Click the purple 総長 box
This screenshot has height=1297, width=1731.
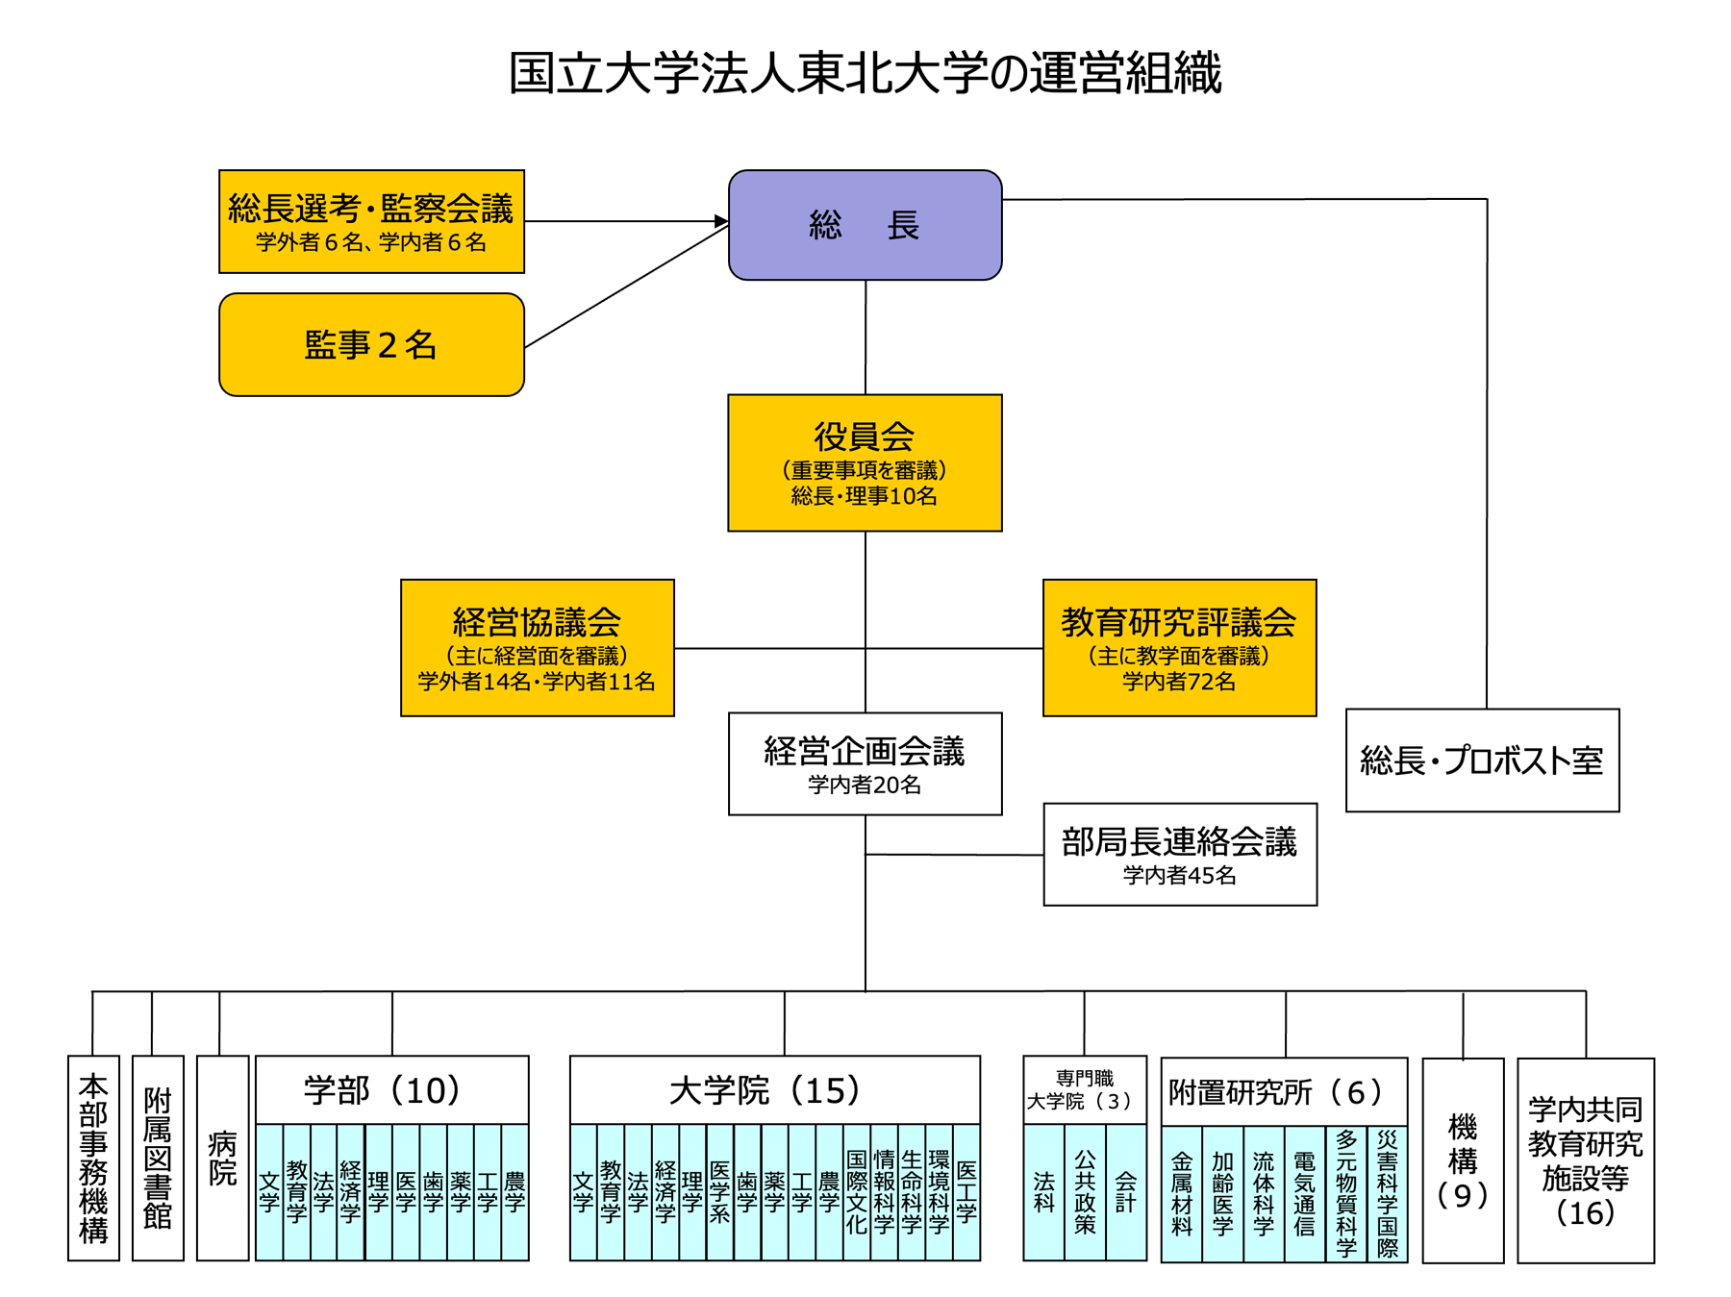(865, 225)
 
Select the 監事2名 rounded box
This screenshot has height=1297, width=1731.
(371, 344)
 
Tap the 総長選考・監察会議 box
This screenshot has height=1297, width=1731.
(371, 221)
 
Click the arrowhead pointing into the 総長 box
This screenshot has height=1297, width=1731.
(722, 221)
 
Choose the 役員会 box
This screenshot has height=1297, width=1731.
(865, 462)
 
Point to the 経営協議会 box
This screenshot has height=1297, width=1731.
(538, 647)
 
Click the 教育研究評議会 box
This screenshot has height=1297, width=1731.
(1179, 647)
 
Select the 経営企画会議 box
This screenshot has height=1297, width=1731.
(865, 763)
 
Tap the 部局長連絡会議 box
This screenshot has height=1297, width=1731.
(1180, 854)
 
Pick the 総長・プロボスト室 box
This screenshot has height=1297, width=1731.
(1482, 760)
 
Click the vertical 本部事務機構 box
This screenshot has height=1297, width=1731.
(93, 1158)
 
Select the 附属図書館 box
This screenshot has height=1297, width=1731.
(158, 1158)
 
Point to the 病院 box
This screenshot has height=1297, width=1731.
(222, 1158)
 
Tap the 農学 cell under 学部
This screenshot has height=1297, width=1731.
(515, 1192)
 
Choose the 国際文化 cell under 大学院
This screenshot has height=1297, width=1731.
(857, 1192)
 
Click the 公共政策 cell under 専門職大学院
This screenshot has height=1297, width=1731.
(1085, 1192)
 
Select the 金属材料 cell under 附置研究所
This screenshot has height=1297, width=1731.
(1182, 1193)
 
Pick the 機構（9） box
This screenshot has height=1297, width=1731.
(1463, 1160)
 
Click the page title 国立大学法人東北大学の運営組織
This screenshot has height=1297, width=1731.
(865, 73)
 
